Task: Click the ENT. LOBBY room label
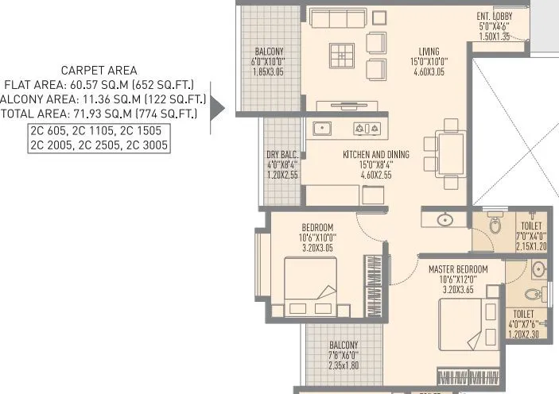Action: pyautogui.click(x=495, y=16)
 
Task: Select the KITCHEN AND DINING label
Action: pyautogui.click(x=376, y=155)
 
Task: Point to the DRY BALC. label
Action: pyautogui.click(x=282, y=155)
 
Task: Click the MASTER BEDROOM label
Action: pyautogui.click(x=452, y=268)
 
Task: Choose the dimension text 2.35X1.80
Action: pyautogui.click(x=344, y=366)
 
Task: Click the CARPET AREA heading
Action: pyautogui.click(x=104, y=70)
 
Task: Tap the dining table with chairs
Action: pyautogui.click(x=449, y=150)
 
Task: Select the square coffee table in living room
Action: pyautogui.click(x=340, y=56)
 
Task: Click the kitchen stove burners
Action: pyautogui.click(x=368, y=127)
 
